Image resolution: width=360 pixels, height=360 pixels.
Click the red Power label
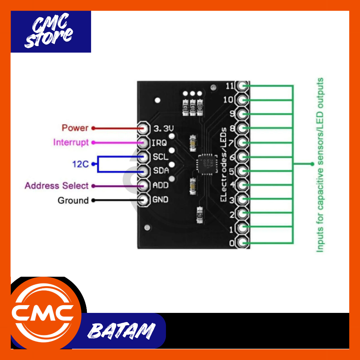click(75, 128)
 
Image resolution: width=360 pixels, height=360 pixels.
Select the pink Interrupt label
click(71, 142)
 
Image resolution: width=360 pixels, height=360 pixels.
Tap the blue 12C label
click(81, 164)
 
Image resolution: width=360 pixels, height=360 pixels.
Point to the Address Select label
click(56, 186)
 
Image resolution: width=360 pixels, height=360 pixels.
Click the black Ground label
click(73, 200)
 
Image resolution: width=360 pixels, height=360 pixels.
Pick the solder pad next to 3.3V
click(143, 128)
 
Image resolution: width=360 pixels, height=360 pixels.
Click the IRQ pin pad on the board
click(143, 142)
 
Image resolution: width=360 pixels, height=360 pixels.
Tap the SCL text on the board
click(160, 157)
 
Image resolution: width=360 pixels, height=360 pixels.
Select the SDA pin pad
click(143, 171)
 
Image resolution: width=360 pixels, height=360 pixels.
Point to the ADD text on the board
click(160, 185)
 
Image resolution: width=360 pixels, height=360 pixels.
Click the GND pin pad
click(143, 200)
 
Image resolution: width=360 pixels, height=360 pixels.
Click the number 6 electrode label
click(232, 157)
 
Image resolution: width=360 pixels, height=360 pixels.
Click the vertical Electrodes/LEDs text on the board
click(223, 165)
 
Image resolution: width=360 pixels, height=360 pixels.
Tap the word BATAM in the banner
click(121, 331)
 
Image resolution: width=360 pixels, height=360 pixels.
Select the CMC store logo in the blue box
click(51, 32)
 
